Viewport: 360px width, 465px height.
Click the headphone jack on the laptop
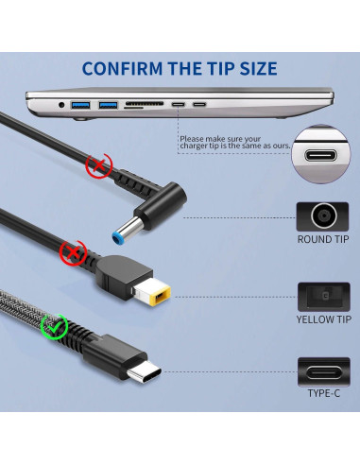coord(62,104)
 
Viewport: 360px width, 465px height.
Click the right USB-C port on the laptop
coord(199,103)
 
